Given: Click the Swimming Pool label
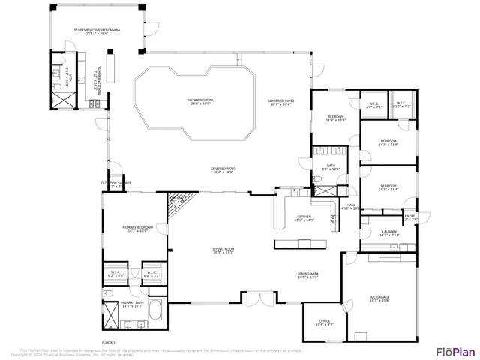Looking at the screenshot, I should click(200, 101).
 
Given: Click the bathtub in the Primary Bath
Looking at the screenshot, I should click(155, 310).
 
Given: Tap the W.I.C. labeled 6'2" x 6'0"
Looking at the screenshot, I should click(115, 274).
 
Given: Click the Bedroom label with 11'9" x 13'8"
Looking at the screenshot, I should click(334, 118).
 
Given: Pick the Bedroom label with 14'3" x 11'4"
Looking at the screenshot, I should click(388, 187).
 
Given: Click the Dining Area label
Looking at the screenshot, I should click(308, 275).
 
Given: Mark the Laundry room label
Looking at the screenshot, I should click(388, 233).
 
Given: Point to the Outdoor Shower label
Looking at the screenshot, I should click(116, 184).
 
